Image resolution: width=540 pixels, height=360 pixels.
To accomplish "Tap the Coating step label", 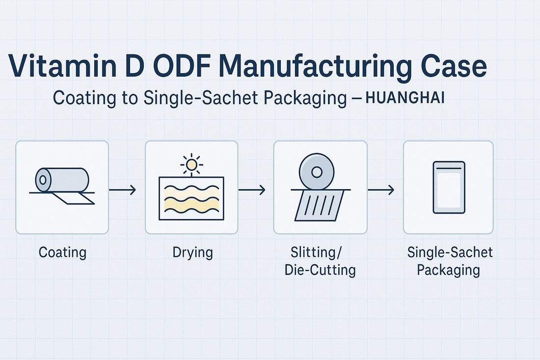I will pyautogui.click(x=62, y=253).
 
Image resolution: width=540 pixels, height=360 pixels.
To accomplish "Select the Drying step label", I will pyautogui.click(x=192, y=253).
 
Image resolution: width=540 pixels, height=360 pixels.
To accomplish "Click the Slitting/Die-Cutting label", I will pyautogui.click(x=320, y=261).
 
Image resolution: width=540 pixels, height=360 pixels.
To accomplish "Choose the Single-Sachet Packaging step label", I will pyautogui.click(x=450, y=261).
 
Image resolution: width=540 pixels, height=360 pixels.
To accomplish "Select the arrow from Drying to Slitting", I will pyautogui.click(x=252, y=190).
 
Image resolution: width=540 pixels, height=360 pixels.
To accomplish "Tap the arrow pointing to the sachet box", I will pyautogui.click(x=381, y=190).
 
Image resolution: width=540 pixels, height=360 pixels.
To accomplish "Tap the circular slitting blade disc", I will pyautogui.click(x=317, y=172).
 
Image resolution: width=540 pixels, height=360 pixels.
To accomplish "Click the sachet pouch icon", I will pyautogui.click(x=449, y=187).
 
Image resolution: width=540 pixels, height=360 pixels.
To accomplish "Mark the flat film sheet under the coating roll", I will pyautogui.click(x=74, y=198).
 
